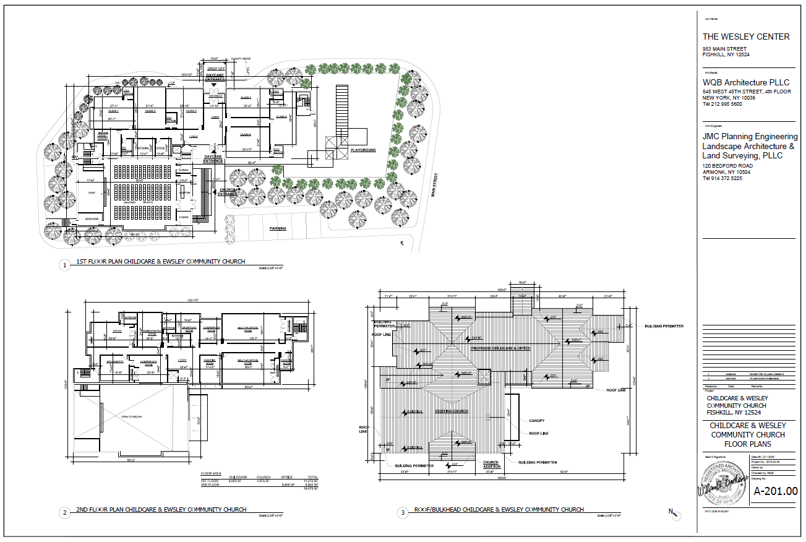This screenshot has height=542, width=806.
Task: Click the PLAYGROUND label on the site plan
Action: [364, 150]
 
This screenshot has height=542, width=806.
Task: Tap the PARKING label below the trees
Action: [278, 228]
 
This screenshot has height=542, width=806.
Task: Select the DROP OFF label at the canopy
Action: [216, 69]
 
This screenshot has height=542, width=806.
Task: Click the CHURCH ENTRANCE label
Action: [228, 192]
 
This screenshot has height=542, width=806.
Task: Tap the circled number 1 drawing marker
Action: [64, 265]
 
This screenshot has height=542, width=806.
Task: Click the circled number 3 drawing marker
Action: [403, 512]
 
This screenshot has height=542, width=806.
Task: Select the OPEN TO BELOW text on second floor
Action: [131, 417]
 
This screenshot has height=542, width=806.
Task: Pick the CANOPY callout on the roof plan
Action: [537, 421]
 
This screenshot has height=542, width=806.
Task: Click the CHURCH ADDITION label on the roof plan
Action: [491, 465]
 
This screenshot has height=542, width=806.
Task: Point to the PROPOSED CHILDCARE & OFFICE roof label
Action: [502, 348]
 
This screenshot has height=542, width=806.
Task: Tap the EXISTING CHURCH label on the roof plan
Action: [451, 411]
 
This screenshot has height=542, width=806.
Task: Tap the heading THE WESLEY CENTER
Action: [745, 37]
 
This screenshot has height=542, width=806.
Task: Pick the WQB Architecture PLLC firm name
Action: [745, 83]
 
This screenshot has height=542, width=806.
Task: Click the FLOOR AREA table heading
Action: [211, 473]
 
